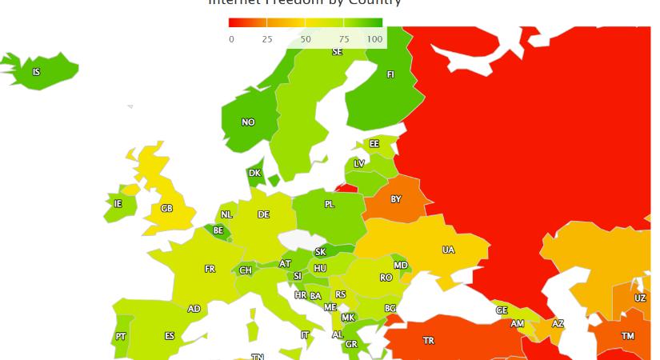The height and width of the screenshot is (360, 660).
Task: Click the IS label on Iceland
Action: (x=36, y=72)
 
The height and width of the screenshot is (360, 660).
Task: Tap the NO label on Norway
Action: (x=248, y=122)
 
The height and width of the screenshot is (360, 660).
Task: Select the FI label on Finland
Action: (x=390, y=74)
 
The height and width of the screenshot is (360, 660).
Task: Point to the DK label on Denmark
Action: (x=254, y=173)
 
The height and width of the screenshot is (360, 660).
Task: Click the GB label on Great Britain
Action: (x=166, y=208)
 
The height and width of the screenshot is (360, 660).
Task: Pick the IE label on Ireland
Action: (x=118, y=203)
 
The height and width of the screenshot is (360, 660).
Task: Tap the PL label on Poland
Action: (x=330, y=204)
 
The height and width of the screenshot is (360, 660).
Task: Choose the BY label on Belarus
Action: (x=396, y=199)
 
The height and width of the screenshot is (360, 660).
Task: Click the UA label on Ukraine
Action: (x=448, y=250)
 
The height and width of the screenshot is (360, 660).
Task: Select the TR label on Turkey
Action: (x=429, y=341)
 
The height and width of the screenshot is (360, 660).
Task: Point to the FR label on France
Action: (x=210, y=269)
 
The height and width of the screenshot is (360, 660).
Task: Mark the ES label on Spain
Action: (x=170, y=336)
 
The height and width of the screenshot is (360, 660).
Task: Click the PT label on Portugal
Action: (x=120, y=337)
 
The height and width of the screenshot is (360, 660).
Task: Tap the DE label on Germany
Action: (x=263, y=214)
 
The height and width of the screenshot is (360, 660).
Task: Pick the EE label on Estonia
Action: (x=374, y=144)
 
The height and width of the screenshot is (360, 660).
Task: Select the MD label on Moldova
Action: (x=401, y=266)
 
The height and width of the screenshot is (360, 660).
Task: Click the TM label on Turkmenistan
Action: (x=628, y=336)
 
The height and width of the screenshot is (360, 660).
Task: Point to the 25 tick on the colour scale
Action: (x=267, y=39)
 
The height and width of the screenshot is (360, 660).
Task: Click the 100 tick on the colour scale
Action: (x=374, y=39)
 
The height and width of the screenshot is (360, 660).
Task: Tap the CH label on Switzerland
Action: (x=246, y=270)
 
